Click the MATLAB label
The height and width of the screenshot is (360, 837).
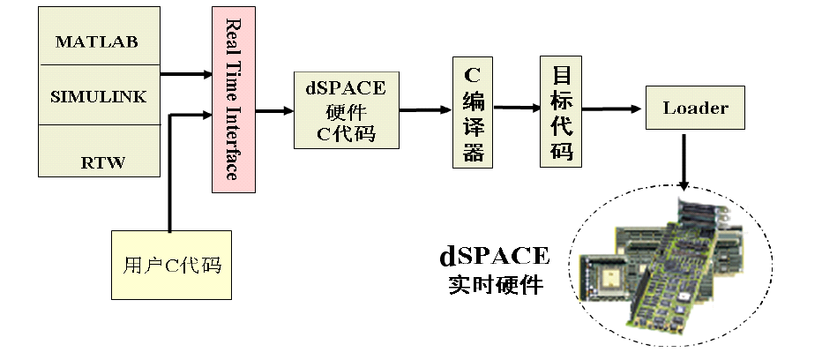click(97, 41)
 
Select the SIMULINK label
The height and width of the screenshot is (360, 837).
click(97, 96)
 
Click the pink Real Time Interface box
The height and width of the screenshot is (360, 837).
click(233, 99)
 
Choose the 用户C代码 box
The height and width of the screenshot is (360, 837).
click(170, 265)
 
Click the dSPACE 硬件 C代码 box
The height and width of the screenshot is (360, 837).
click(346, 109)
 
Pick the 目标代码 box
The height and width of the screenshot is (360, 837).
click(562, 111)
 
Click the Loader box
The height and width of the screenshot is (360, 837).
click(695, 109)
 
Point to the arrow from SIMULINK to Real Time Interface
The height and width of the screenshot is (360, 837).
click(186, 75)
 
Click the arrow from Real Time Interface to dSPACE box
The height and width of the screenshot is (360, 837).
click(274, 111)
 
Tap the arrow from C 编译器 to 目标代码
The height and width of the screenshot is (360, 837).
click(517, 108)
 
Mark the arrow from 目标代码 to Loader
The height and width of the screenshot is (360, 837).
click(613, 109)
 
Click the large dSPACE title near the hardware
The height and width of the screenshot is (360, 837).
click(494, 257)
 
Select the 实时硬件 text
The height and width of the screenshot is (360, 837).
click(494, 286)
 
